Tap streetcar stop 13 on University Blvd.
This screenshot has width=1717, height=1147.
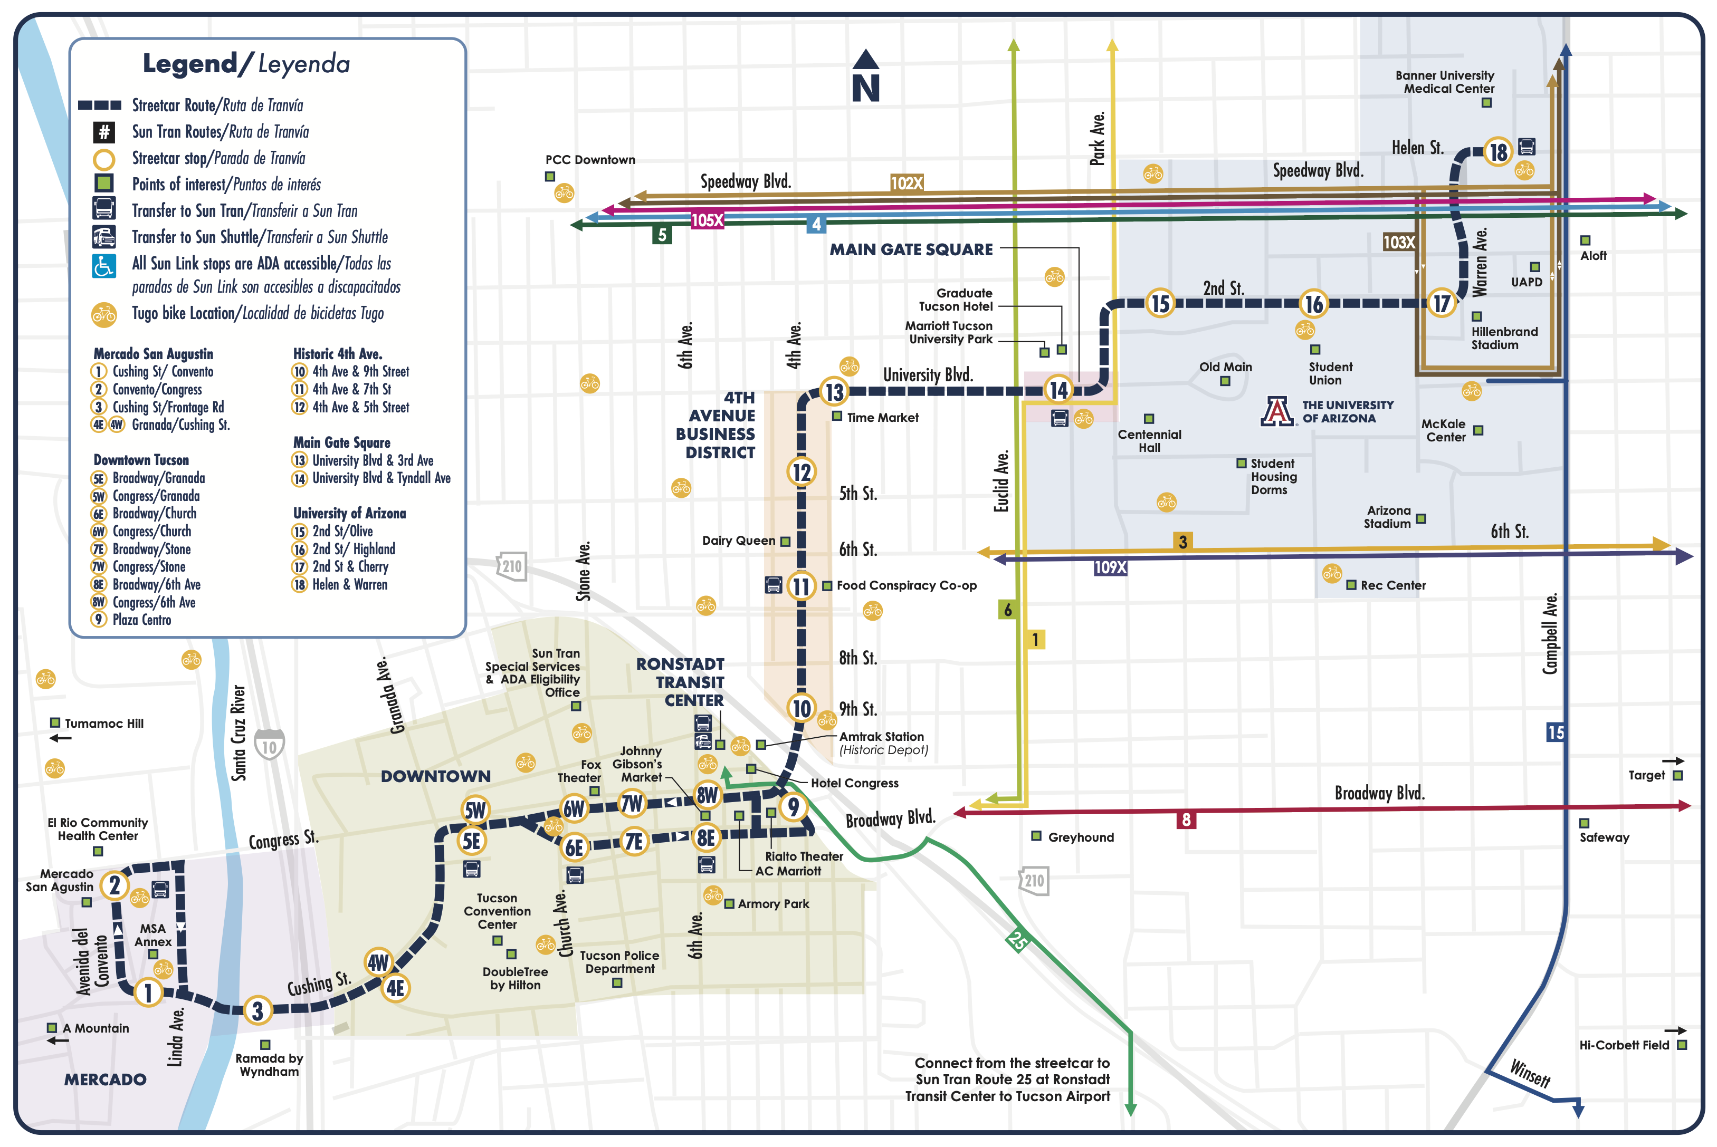tap(834, 392)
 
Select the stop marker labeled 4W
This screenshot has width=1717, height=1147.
tap(378, 962)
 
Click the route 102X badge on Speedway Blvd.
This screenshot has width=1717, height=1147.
tap(906, 183)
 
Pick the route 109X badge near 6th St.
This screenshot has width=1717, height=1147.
tap(1110, 567)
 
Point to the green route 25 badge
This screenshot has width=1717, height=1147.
tap(1017, 939)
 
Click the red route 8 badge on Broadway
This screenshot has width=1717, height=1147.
tap(1186, 820)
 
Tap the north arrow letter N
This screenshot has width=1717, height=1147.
tap(865, 88)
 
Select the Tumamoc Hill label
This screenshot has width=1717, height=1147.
tap(104, 724)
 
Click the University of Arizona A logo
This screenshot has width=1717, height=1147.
tap(1277, 411)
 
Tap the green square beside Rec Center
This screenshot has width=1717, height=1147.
tap(1351, 585)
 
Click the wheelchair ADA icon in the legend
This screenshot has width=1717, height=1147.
tap(104, 266)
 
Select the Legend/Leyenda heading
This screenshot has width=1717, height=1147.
tap(246, 64)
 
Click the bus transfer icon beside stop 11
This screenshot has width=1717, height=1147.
tap(773, 585)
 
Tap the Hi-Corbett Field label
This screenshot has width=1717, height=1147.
tap(1623, 1045)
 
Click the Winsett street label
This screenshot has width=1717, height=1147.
tap(1530, 1074)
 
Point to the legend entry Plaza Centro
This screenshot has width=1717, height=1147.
tap(141, 620)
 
